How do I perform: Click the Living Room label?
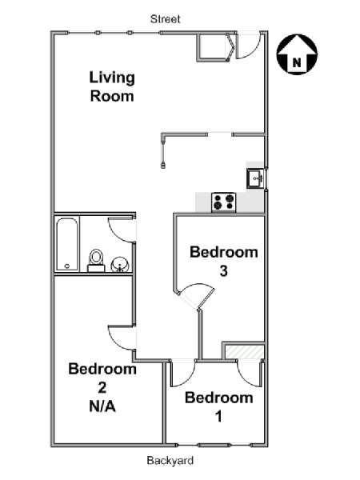(112, 87)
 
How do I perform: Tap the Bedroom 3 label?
(224, 261)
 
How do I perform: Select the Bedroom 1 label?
(219, 407)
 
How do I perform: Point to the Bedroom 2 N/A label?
(102, 387)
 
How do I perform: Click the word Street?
(166, 19)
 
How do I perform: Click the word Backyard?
(170, 461)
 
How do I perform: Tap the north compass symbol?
(297, 54)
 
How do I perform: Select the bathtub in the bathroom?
(67, 244)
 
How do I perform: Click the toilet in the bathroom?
(96, 261)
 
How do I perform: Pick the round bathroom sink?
(120, 265)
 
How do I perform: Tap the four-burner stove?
(224, 202)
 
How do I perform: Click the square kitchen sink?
(255, 178)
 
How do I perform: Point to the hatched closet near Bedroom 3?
(244, 352)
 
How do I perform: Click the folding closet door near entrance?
(231, 47)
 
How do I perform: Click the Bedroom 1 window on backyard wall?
(214, 445)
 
